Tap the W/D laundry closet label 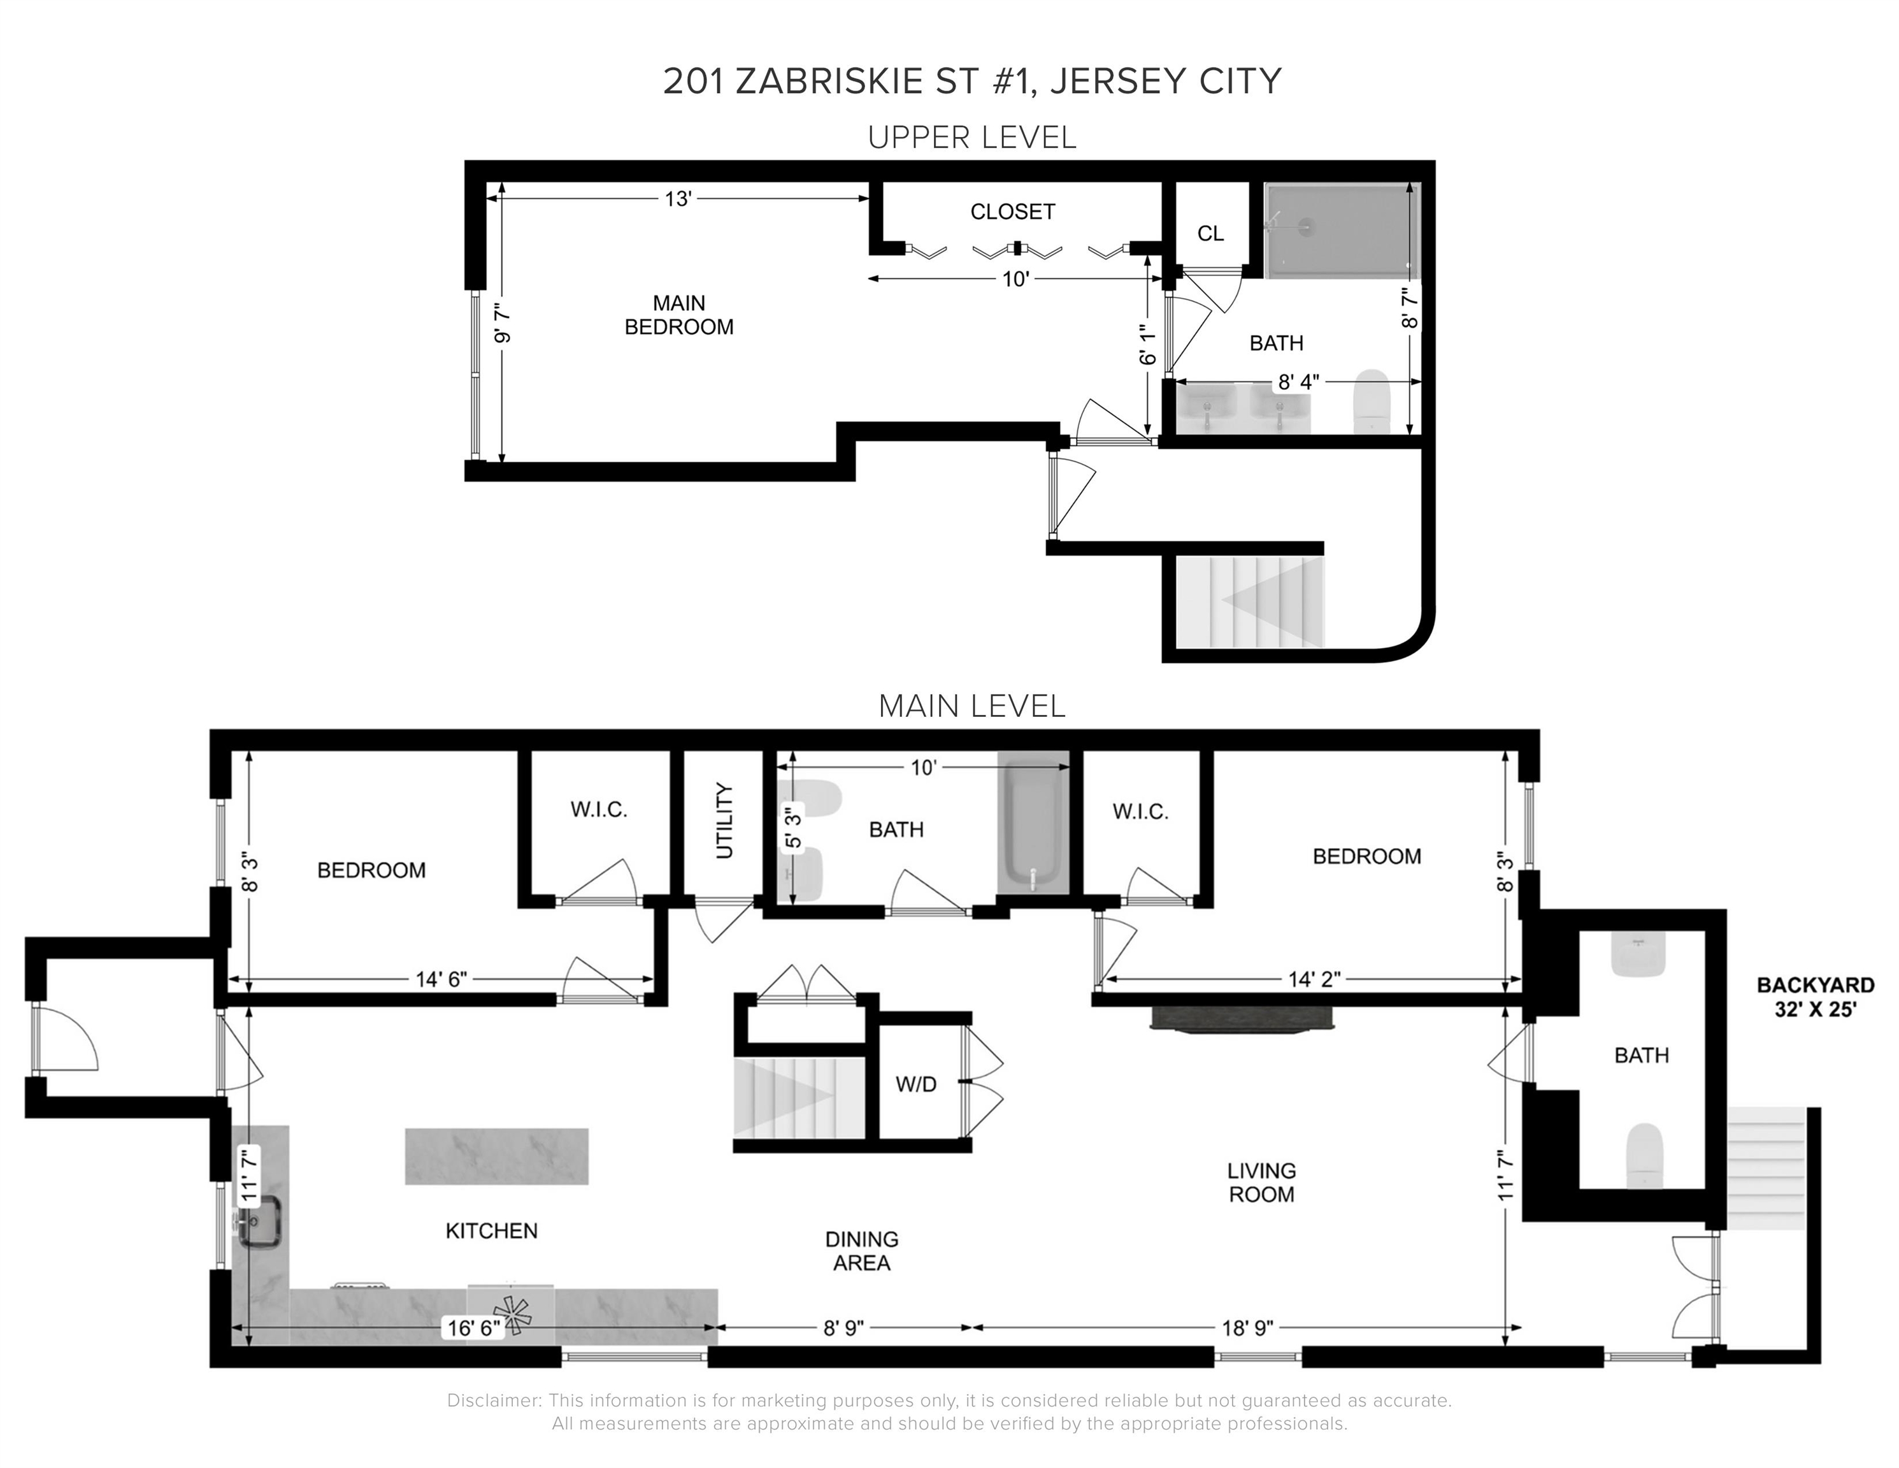click(917, 1084)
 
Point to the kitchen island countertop click(496, 1156)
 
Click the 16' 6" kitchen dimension click(474, 1328)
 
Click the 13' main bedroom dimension click(677, 199)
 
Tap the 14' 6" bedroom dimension click(441, 979)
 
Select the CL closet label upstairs click(1210, 233)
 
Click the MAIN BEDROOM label click(679, 315)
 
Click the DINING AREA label click(862, 1251)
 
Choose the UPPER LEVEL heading click(972, 138)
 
